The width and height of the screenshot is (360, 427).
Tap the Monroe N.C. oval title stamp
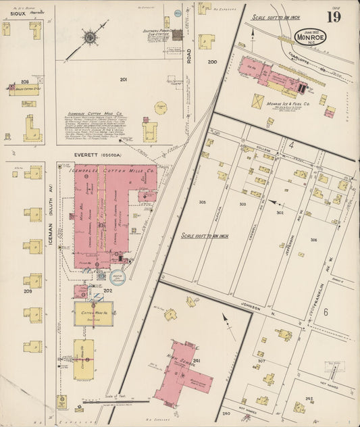click(311, 37)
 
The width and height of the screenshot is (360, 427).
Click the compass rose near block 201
click(89, 37)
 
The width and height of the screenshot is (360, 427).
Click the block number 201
click(124, 80)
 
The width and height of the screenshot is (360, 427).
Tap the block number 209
click(28, 292)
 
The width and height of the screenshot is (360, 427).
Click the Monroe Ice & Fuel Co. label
click(288, 103)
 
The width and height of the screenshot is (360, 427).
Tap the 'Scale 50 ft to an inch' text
click(275, 18)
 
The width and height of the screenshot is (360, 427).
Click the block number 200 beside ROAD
click(213, 63)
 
